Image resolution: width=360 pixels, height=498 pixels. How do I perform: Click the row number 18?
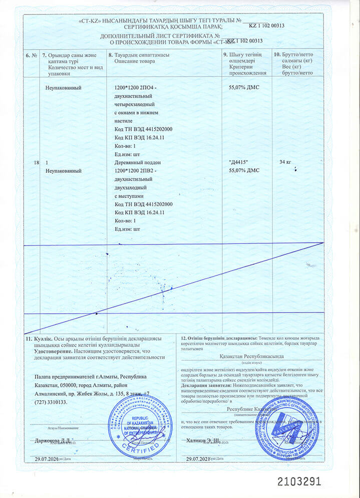[x=35, y=163]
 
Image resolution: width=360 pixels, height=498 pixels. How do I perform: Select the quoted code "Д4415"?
[x=238, y=162]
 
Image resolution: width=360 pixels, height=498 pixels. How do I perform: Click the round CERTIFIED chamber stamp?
[x=140, y=425]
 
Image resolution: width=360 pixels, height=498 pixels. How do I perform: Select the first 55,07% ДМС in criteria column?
[x=243, y=88]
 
